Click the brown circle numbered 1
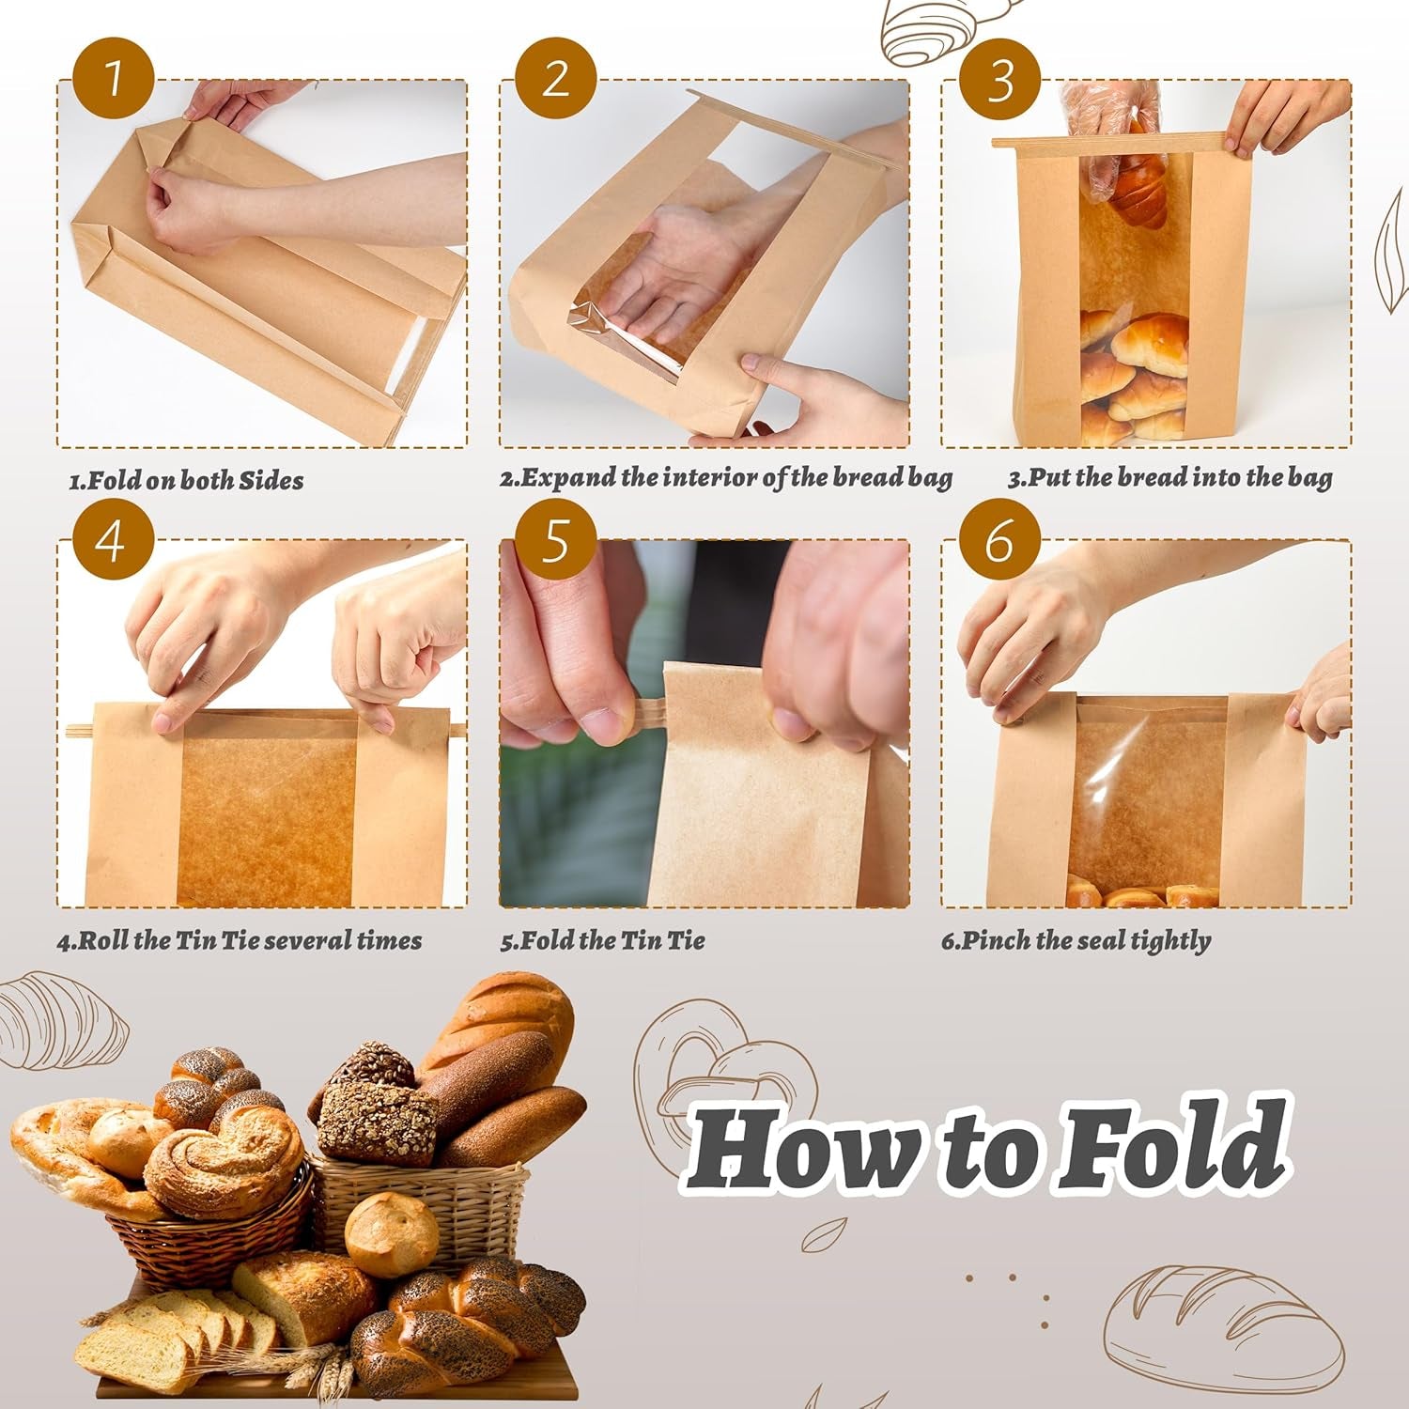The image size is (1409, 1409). pyautogui.click(x=113, y=78)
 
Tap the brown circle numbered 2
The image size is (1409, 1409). pyautogui.click(x=555, y=78)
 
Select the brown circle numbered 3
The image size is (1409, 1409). pyautogui.click(x=999, y=78)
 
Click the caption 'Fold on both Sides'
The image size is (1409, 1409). pyautogui.click(x=186, y=480)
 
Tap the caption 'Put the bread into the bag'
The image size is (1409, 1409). pyautogui.click(x=1169, y=477)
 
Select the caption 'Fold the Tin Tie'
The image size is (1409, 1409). pyautogui.click(x=602, y=940)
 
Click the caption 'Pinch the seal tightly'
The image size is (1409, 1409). pyautogui.click(x=1076, y=940)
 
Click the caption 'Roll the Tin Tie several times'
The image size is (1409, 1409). pyautogui.click(x=240, y=940)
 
